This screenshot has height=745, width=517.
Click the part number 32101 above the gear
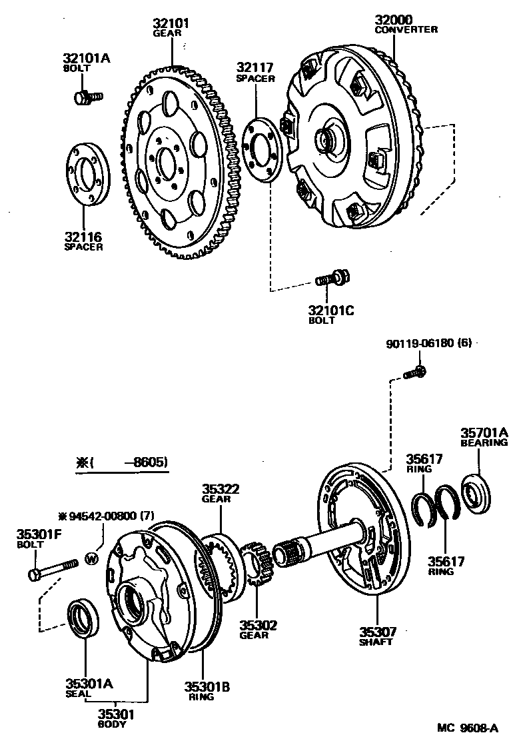point(171,23)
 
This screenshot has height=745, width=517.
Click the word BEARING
point(484,442)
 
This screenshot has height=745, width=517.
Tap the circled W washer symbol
point(92,558)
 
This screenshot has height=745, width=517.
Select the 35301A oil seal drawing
point(85,619)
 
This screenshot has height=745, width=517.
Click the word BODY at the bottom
point(117,725)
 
